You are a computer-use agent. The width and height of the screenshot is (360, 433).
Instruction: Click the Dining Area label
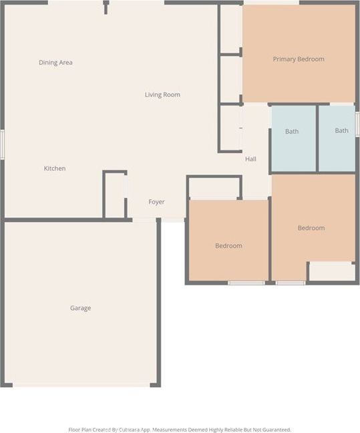[55, 63]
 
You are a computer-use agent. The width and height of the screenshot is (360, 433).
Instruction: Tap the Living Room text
[162, 95]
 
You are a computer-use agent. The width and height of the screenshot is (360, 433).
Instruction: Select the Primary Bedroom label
[299, 59]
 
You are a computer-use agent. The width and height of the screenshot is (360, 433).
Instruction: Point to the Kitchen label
[55, 168]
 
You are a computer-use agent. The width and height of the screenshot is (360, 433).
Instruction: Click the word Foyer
[156, 202]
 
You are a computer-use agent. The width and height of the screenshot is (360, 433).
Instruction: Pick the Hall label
[250, 159]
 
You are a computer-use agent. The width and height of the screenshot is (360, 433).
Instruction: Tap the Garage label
[80, 308]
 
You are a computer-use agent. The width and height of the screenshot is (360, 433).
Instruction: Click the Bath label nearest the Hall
[292, 132]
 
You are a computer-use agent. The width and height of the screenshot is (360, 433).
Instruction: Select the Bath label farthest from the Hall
[341, 131]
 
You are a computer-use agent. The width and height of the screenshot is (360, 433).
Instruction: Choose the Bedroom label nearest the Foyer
[228, 246]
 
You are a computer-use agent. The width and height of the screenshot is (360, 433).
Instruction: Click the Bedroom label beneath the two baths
[311, 229]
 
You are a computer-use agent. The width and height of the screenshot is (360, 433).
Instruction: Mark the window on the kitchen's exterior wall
[2, 144]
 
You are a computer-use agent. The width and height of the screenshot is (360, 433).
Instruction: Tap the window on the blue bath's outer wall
[357, 124]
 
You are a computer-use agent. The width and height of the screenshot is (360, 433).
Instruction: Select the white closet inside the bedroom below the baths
[331, 271]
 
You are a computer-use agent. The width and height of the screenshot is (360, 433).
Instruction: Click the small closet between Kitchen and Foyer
[115, 195]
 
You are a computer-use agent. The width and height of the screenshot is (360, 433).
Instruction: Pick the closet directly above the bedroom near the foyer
[214, 188]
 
